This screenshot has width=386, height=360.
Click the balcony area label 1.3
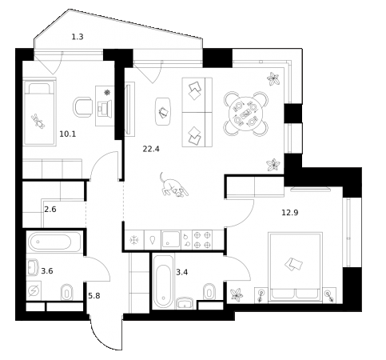pyautogui.click(x=78, y=36)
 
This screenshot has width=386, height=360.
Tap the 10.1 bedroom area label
pyautogui.click(x=69, y=134)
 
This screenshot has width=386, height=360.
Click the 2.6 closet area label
pyautogui.click(x=50, y=210)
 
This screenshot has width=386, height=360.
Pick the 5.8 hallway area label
pyautogui.click(x=93, y=295)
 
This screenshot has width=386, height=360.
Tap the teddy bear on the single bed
pyautogui.click(x=37, y=121)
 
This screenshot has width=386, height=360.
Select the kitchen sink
pyautogui.click(x=171, y=238)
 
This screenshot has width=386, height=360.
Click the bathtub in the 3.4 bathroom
pyautogui.click(x=162, y=282)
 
